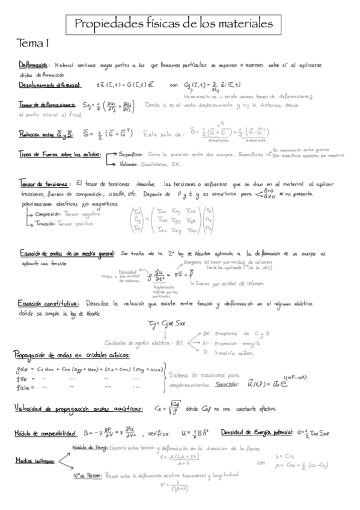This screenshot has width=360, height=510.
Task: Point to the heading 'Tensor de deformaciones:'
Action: tap(47, 103)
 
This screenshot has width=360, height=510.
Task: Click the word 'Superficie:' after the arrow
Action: tap(132, 154)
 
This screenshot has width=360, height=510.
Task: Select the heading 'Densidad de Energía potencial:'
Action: tap(258, 432)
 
